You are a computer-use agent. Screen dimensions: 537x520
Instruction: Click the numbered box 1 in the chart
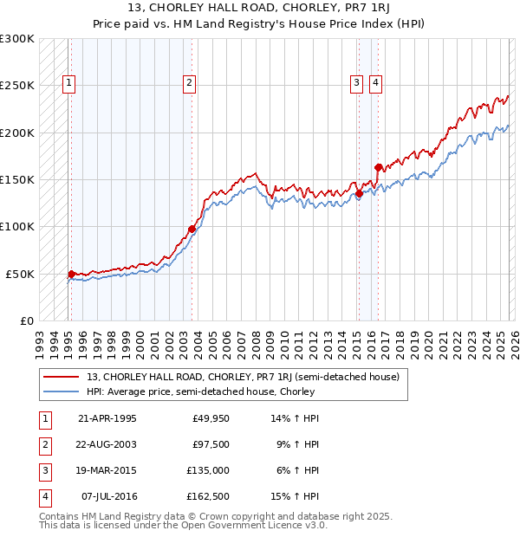68,83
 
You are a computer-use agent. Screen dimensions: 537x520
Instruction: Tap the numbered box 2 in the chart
188,83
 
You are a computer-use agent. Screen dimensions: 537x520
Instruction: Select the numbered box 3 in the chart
356,83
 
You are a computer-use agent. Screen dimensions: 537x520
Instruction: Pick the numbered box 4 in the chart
375,83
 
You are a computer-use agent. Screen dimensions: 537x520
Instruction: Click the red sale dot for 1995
72,274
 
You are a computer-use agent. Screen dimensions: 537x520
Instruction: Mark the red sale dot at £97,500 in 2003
192,229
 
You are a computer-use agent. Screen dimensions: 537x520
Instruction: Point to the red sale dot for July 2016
379,167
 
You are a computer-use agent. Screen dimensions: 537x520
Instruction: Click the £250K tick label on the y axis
17,86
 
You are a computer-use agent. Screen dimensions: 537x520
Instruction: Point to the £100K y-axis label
17,226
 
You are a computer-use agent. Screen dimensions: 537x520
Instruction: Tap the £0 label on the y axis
25,320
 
